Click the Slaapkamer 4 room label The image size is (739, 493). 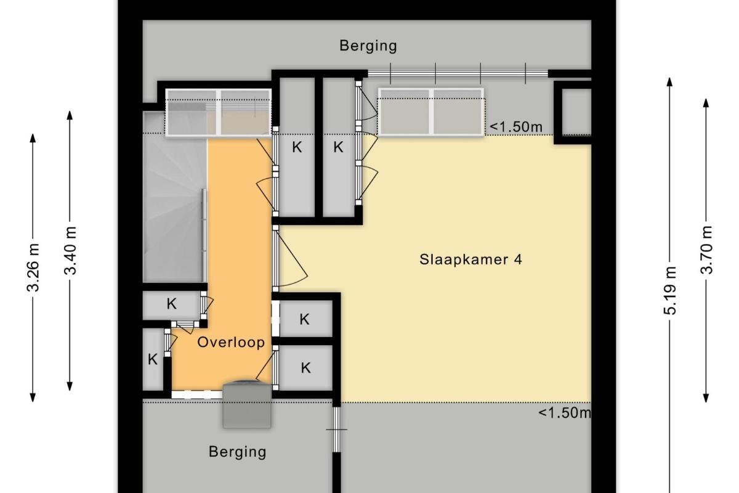470,259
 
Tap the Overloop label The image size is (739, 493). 231,343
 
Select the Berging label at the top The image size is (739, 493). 368,46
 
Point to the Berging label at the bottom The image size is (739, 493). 238,452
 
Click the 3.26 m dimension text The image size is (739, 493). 33,268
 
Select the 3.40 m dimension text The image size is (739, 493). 70,251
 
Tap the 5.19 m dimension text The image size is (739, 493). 670,290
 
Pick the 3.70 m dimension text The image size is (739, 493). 706,250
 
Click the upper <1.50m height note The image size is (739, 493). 516,127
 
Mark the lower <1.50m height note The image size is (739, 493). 565,413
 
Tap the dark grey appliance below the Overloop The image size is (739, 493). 247,404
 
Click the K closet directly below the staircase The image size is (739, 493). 171,304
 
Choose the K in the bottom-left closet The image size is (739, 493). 153,359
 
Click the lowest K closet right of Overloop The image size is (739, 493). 306,368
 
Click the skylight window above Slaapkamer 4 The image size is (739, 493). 431,112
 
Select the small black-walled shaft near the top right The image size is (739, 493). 573,112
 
